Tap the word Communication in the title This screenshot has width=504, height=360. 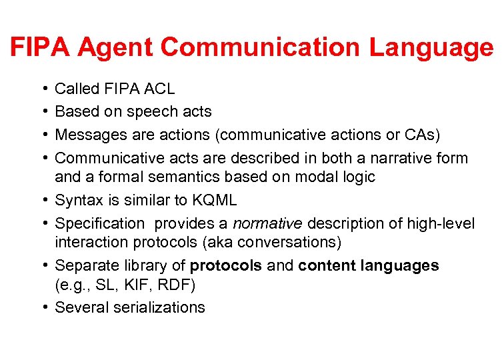(261, 47)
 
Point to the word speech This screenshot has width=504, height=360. (154, 111)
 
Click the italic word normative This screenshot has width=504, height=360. (267, 223)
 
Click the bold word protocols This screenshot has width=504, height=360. (225, 265)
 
